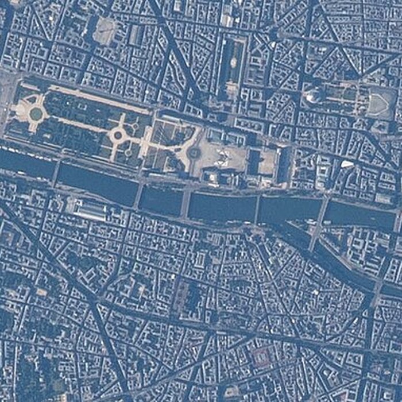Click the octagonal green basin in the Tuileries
tap(36, 114)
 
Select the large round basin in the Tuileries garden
tap(118, 136)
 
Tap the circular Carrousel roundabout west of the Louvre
tap(195, 152)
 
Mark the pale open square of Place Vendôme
tap(105, 30)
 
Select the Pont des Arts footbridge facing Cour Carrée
tap(257, 210)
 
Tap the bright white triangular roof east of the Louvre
tap(347, 164)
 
